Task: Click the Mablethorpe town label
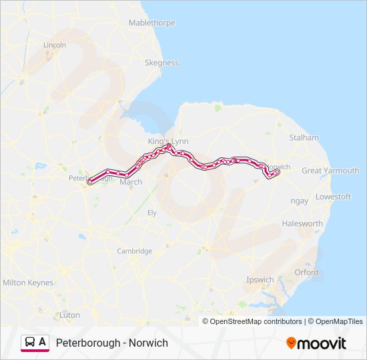click(x=152, y=23)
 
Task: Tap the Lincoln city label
click(x=55, y=45)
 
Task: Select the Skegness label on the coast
click(x=161, y=63)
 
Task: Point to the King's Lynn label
click(x=168, y=141)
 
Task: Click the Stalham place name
click(x=304, y=137)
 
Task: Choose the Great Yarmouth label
click(x=330, y=171)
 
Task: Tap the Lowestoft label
click(x=333, y=197)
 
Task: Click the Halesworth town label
click(x=302, y=223)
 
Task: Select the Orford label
click(x=306, y=272)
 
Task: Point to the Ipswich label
click(x=260, y=279)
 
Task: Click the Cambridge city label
click(x=135, y=251)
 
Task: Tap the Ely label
click(x=151, y=212)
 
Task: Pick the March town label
click(x=131, y=182)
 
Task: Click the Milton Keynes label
click(x=28, y=283)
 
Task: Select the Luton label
click(x=69, y=315)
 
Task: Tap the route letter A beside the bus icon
click(x=43, y=342)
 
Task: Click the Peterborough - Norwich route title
click(x=112, y=343)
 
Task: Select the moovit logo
click(x=316, y=343)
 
